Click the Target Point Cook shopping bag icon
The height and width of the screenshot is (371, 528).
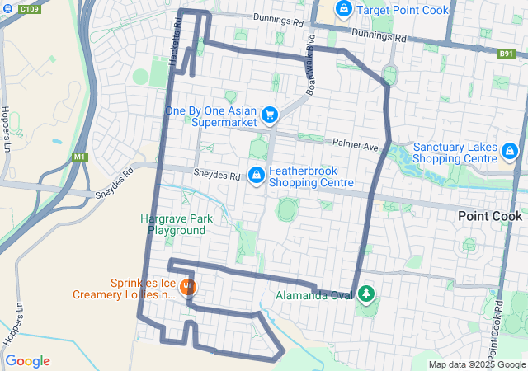(344, 10)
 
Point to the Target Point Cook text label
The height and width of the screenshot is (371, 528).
(403, 11)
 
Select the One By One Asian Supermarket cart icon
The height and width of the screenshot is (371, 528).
(268, 116)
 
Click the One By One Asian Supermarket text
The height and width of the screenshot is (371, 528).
(210, 116)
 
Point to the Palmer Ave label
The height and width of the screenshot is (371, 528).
(355, 145)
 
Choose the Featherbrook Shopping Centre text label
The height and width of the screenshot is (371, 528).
(309, 176)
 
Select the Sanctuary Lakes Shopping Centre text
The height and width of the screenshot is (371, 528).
(455, 153)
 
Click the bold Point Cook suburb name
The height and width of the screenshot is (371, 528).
(490, 216)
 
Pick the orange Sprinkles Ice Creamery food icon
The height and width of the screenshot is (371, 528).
(188, 289)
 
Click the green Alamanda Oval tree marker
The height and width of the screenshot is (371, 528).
(365, 294)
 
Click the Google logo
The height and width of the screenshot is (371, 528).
(27, 361)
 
